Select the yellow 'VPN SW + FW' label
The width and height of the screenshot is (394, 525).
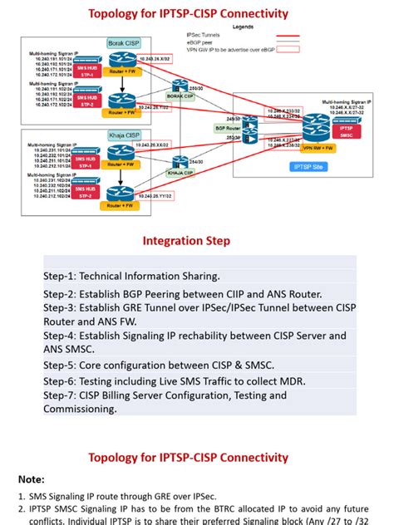click(318, 146)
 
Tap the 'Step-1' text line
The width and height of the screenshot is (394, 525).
click(132, 276)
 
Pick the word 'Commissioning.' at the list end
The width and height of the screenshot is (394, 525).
click(81, 408)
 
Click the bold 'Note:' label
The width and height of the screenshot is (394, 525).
click(33, 479)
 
